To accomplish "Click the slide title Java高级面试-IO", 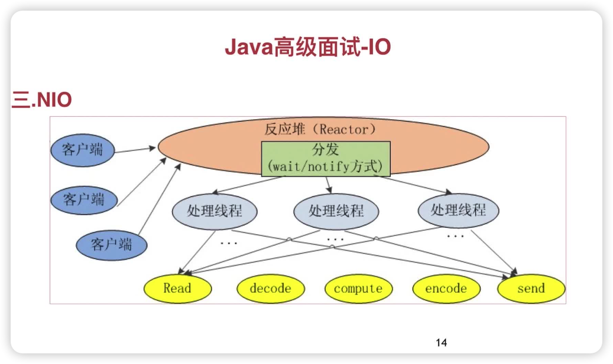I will (307, 47).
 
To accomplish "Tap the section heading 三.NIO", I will (41, 100).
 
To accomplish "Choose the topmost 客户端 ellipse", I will (82, 150).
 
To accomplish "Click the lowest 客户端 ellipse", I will (111, 244).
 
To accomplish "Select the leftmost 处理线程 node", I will (215, 211).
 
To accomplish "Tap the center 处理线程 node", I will (336, 211).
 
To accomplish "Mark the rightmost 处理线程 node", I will (458, 210).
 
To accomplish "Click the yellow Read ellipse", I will (177, 288).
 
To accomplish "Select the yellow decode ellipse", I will (270, 288).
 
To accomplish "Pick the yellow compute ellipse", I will (358, 288).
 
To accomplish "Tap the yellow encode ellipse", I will (446, 288).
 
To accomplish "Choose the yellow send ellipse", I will (531, 288).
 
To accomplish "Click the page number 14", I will (441, 342).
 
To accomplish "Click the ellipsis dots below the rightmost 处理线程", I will (455, 236).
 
